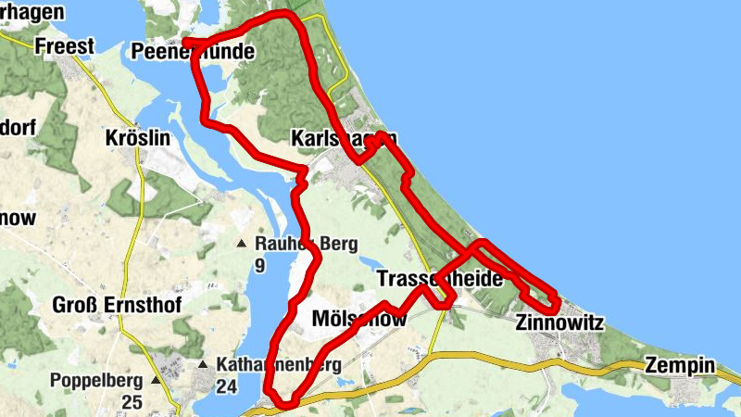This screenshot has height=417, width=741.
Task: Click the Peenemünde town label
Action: click(x=193, y=52)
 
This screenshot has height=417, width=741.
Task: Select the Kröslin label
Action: click(x=138, y=138)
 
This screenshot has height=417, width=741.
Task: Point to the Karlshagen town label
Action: click(x=343, y=138)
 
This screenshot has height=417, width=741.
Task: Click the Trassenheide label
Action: click(x=440, y=278)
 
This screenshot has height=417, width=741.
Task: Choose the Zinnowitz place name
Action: click(x=559, y=323)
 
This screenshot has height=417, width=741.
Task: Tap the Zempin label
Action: click(x=681, y=365)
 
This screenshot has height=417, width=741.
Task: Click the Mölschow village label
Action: click(x=360, y=318)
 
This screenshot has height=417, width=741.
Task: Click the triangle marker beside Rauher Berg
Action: click(x=242, y=245)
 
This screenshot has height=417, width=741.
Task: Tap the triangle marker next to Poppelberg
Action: click(x=156, y=380)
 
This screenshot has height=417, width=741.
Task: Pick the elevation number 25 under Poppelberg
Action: click(x=131, y=401)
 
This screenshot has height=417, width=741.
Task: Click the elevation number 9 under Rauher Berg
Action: click(x=259, y=267)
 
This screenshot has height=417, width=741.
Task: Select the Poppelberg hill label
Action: click(x=95, y=380)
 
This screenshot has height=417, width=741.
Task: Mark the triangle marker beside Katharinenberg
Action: click(x=202, y=364)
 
